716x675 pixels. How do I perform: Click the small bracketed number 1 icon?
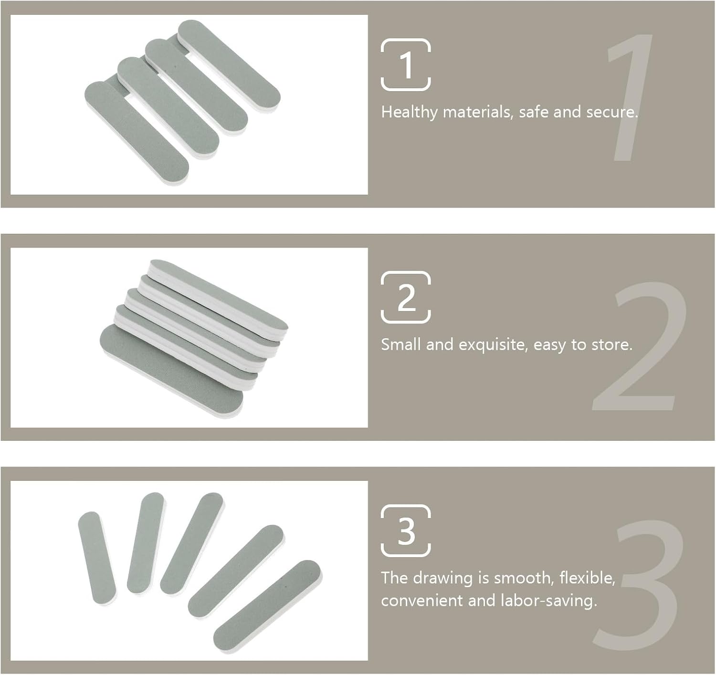click(x=406, y=64)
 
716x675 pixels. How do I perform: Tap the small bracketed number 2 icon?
click(x=406, y=297)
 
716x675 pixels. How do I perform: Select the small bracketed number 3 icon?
click(x=406, y=530)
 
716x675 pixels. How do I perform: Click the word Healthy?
click(x=409, y=113)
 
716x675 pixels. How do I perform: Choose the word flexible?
click(x=587, y=578)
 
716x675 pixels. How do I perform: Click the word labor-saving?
click(x=549, y=601)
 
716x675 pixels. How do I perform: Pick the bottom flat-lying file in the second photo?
click(x=171, y=371)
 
